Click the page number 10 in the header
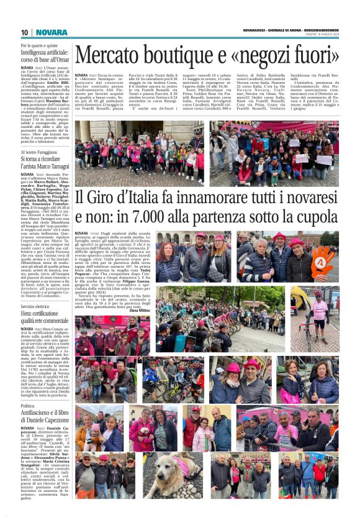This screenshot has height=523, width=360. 25,32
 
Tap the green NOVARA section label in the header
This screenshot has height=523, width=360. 52,32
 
